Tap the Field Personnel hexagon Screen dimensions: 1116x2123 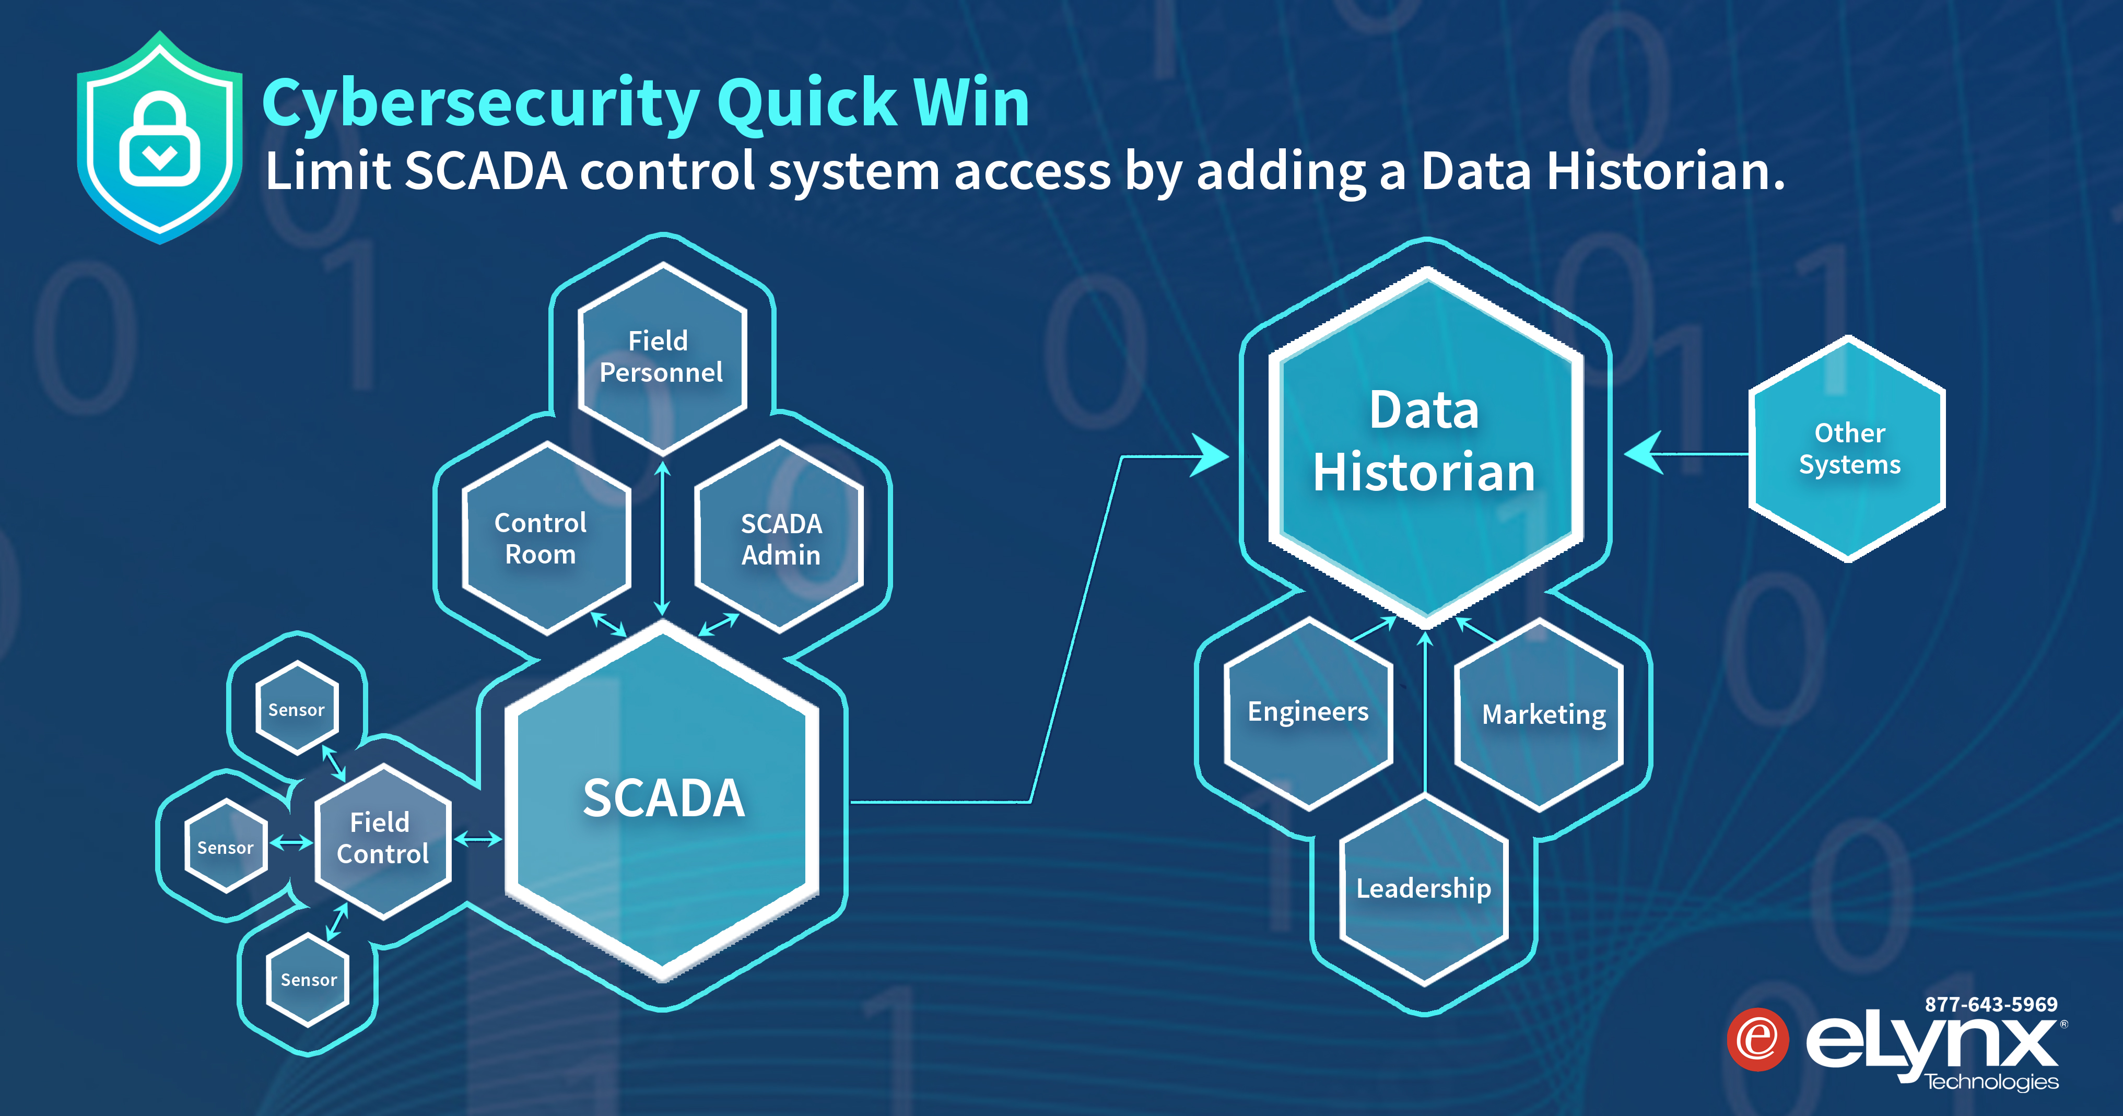[661, 357]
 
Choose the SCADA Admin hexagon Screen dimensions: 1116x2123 [780, 538]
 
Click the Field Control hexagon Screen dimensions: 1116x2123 [382, 838]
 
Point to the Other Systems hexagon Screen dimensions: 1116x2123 [1849, 449]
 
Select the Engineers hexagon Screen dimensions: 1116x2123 [1308, 712]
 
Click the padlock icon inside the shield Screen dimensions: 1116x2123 [160, 140]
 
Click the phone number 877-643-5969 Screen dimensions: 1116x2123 [1990, 1004]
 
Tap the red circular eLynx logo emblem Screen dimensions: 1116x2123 [1757, 1039]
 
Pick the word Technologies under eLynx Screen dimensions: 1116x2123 [1991, 1082]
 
